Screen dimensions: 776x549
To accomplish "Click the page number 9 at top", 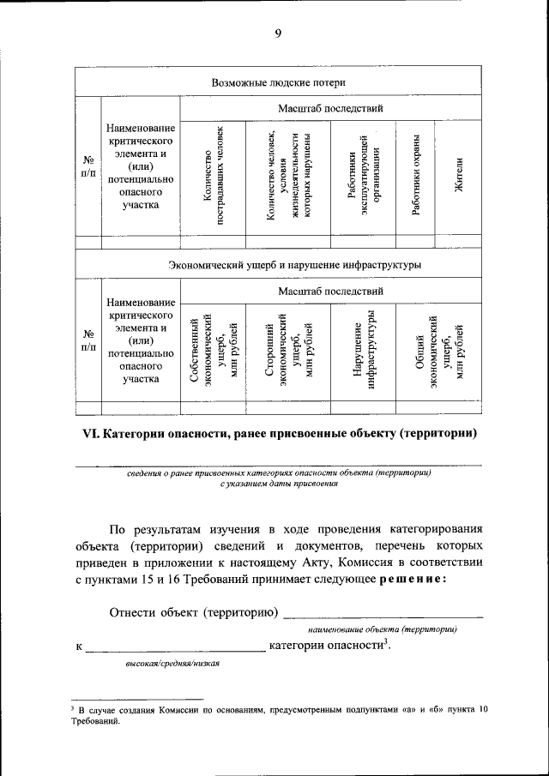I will [278, 33].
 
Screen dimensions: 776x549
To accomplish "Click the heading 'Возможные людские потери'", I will [278, 82].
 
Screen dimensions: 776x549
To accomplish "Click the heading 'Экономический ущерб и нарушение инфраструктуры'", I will [294, 265].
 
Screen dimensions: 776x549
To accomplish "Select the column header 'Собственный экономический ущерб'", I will [213, 352].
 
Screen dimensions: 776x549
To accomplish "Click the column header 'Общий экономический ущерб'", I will [438, 352].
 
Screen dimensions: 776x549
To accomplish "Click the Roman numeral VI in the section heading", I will [90, 434].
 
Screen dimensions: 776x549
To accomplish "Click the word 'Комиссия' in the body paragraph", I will [395, 562].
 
